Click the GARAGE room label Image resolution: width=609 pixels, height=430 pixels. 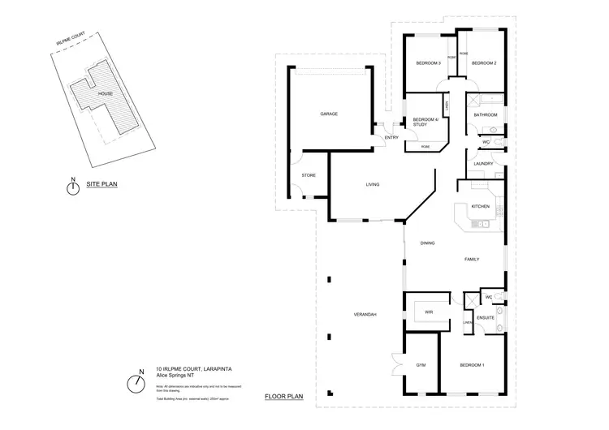click(x=328, y=114)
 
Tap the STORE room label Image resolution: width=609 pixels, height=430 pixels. click(x=308, y=175)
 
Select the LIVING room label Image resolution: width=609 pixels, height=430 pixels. click(x=372, y=185)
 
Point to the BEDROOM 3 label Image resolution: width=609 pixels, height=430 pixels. click(x=428, y=63)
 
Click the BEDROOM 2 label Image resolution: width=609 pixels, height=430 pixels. click(x=484, y=63)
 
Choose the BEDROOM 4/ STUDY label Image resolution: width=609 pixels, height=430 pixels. click(x=425, y=123)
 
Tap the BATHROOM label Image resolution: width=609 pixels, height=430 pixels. click(x=486, y=115)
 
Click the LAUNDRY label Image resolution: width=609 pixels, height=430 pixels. click(x=484, y=163)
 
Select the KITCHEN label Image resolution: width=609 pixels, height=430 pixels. click(x=480, y=207)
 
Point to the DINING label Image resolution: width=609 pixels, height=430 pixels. click(x=428, y=243)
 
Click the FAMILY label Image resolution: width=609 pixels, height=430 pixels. click(x=472, y=260)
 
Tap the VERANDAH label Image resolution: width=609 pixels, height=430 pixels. click(x=364, y=314)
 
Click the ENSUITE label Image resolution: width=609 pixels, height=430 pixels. click(x=486, y=317)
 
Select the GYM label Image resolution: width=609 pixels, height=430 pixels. click(x=421, y=366)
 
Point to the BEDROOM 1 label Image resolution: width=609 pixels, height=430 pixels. click(x=472, y=366)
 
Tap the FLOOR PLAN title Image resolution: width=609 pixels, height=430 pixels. click(x=283, y=397)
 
